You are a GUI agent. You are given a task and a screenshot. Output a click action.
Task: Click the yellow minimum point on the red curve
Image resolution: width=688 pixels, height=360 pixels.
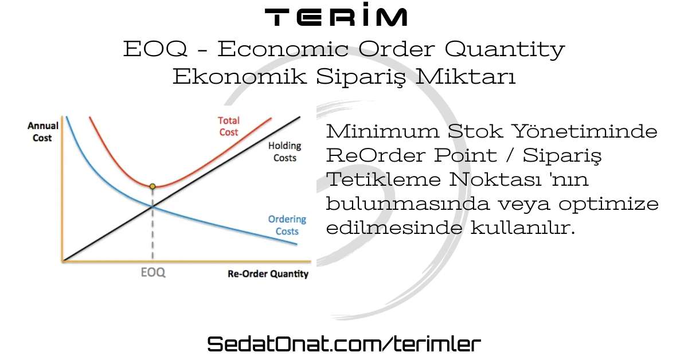[x=153, y=186]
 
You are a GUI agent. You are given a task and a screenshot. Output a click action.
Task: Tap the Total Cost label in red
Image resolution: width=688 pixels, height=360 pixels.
[x=229, y=126]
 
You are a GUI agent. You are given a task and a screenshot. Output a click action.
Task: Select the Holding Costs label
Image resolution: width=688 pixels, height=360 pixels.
[x=285, y=152]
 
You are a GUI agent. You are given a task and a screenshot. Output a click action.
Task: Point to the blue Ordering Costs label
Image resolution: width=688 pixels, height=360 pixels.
[x=287, y=225]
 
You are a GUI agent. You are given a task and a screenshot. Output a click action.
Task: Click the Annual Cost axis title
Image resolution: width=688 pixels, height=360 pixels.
[x=42, y=131]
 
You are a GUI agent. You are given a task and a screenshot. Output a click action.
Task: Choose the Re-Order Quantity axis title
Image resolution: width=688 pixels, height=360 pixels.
[x=268, y=273]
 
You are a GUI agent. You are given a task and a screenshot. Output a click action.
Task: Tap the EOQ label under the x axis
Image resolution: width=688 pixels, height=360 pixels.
[x=153, y=272]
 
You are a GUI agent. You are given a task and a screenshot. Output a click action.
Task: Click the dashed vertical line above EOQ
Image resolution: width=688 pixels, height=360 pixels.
[x=153, y=224]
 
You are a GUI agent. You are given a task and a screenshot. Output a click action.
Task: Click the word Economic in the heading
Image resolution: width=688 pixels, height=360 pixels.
[x=283, y=49]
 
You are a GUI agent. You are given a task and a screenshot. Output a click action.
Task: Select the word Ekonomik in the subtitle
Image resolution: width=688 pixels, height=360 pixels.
[x=240, y=76]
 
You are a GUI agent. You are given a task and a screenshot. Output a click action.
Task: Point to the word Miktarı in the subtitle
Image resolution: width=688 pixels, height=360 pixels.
[x=466, y=76]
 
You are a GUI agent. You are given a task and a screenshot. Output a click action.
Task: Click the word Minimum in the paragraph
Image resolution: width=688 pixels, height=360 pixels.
[x=382, y=131]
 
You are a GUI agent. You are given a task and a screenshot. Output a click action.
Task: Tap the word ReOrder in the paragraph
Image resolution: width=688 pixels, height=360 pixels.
[x=376, y=155]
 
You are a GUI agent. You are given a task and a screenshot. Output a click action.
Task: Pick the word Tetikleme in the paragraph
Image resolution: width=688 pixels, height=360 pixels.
[x=384, y=179]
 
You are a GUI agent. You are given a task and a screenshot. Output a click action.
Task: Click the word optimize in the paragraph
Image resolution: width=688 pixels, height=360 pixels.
[x=608, y=204]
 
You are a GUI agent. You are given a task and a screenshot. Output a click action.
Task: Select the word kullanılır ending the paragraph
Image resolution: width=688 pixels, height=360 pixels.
[x=522, y=228]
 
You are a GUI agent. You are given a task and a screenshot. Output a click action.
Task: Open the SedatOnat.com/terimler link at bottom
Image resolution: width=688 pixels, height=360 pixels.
[x=344, y=344]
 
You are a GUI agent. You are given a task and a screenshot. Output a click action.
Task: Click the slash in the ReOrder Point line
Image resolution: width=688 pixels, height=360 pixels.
[x=510, y=155]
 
